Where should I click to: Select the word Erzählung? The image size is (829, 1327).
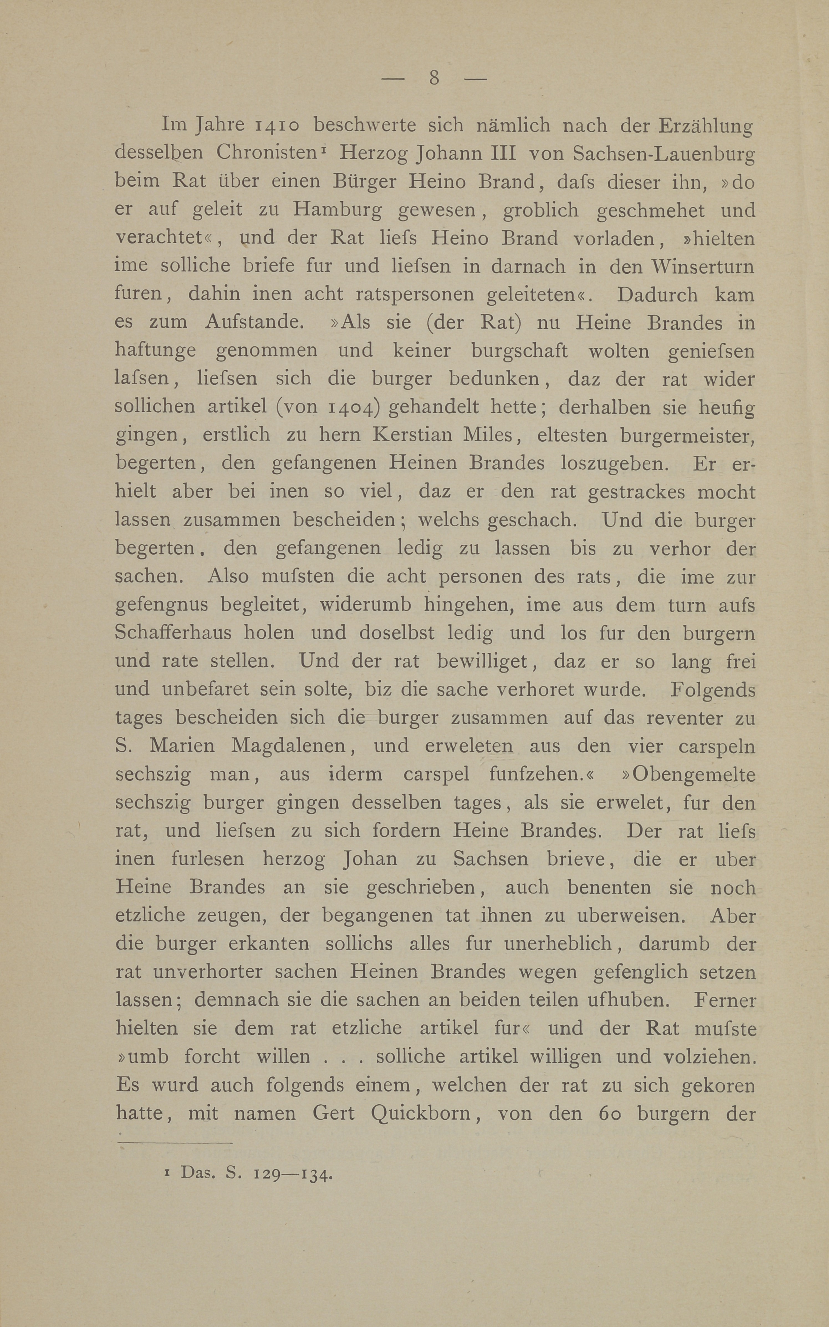tap(706, 126)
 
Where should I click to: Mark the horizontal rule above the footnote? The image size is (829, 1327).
tap(175, 1143)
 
